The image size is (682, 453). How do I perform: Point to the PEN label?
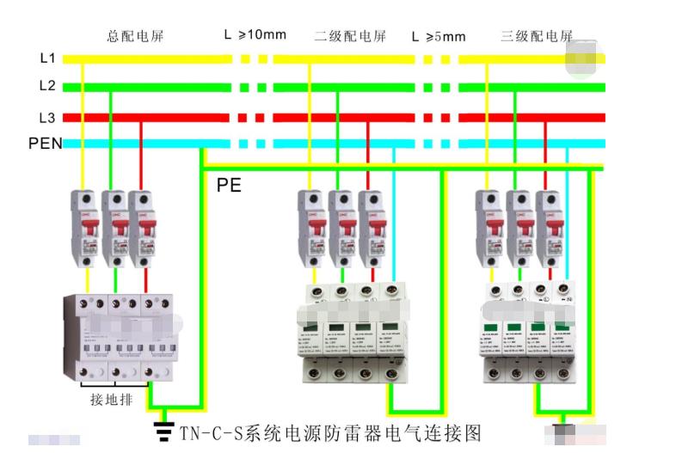[45, 144]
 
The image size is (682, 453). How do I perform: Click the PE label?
[229, 185]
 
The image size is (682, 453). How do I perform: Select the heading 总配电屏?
[135, 36]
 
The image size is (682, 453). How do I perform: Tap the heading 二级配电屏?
[350, 36]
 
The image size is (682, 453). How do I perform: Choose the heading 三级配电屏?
[537, 36]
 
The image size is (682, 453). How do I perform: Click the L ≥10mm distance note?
[255, 35]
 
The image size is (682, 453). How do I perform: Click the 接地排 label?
[111, 400]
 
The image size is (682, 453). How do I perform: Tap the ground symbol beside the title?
[161, 429]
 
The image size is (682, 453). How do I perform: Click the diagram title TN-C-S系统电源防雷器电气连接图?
[329, 431]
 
